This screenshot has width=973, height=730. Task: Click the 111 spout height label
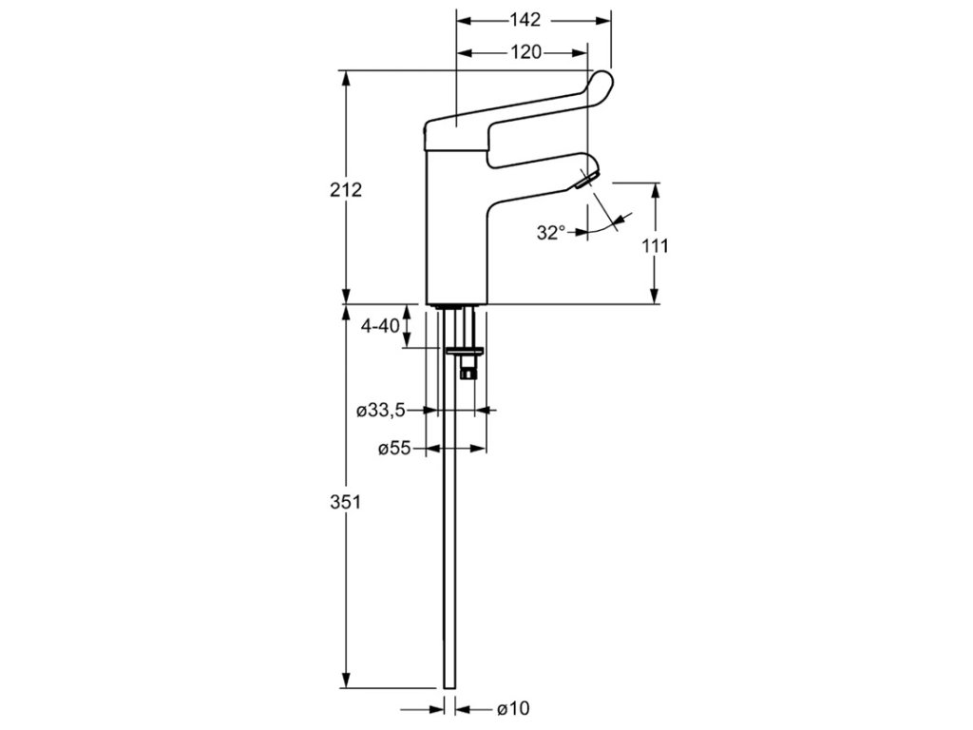656,245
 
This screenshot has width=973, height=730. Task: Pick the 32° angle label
549,232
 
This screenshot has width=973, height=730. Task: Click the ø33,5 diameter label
381,411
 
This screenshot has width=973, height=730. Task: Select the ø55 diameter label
393,449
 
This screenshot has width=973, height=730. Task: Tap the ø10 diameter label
512,708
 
